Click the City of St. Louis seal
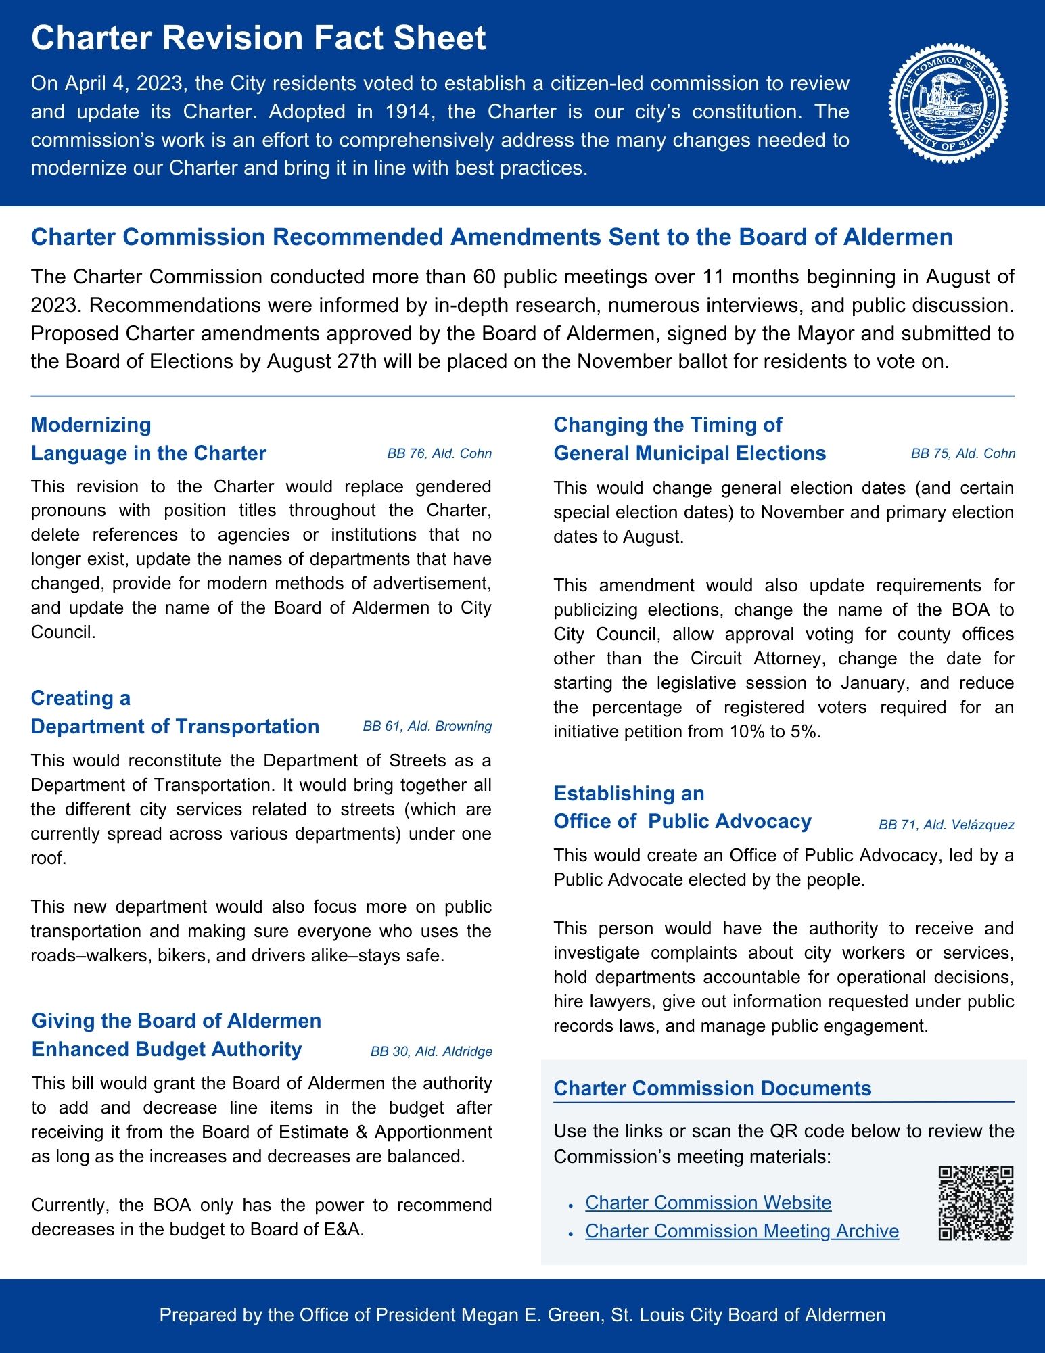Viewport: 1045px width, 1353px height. (948, 104)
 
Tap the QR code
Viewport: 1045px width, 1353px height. (976, 1203)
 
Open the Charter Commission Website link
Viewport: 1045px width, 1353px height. (707, 1202)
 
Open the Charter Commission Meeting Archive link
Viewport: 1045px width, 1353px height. (741, 1231)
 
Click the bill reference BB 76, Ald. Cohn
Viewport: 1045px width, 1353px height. (439, 453)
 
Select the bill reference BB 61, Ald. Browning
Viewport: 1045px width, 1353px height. (427, 726)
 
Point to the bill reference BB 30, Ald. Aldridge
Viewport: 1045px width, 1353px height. (431, 1051)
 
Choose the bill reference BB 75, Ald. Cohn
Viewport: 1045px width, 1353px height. (962, 453)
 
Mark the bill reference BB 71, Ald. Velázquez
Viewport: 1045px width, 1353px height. (946, 824)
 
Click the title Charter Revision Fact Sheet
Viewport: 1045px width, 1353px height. (258, 38)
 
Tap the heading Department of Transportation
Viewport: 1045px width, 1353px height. (175, 726)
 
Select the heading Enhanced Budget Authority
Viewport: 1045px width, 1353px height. (166, 1049)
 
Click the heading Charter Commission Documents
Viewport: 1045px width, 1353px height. (712, 1088)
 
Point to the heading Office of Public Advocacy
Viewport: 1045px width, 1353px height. (682, 821)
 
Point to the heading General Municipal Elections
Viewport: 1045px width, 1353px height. (689, 453)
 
